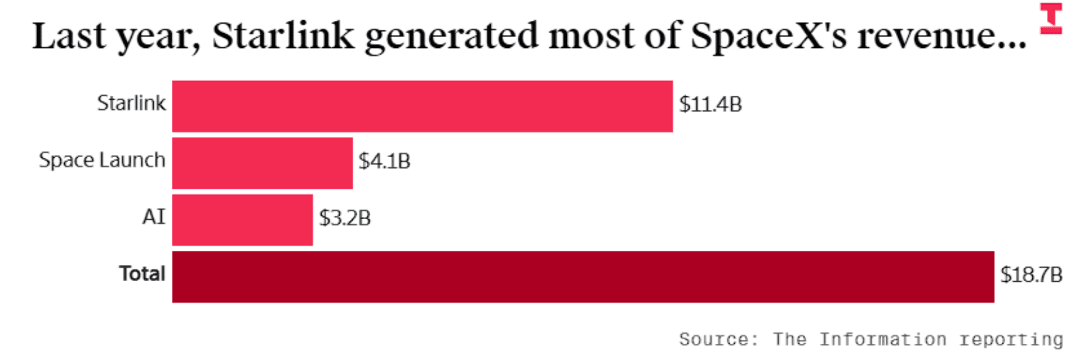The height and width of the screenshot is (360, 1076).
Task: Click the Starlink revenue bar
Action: (x=422, y=107)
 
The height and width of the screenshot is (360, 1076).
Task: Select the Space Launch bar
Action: (x=262, y=163)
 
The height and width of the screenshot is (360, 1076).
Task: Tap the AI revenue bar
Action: (x=243, y=220)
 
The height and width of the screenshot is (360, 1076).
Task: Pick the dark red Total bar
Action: (x=583, y=277)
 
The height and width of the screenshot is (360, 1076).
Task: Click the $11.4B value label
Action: (x=711, y=104)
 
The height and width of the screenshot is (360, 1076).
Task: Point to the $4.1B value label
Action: (x=384, y=161)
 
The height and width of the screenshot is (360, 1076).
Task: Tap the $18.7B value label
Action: (x=1031, y=274)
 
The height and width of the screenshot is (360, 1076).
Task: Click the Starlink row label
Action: (x=131, y=103)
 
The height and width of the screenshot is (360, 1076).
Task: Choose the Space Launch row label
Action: (x=102, y=160)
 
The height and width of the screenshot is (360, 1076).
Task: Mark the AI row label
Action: (x=154, y=217)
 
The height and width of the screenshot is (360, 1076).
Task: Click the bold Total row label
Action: (x=142, y=274)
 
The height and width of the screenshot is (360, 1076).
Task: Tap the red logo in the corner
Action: (x=1051, y=18)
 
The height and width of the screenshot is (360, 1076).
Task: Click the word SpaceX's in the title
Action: (x=769, y=36)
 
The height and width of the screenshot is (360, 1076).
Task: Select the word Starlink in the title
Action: (x=283, y=35)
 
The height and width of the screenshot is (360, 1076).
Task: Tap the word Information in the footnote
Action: (x=883, y=339)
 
